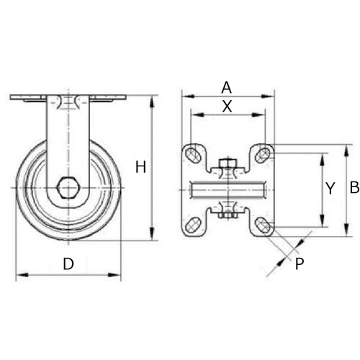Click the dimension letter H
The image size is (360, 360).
140,167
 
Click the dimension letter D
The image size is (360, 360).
68,264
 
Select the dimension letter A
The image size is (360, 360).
226,87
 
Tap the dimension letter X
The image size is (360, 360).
226,106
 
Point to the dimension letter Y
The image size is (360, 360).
330,189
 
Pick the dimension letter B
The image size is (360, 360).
354,188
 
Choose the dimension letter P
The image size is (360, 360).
300,263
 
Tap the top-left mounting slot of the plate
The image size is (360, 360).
193,153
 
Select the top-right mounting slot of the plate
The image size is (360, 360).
264,153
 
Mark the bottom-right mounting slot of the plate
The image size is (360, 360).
264,225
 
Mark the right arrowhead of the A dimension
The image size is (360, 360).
273,96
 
